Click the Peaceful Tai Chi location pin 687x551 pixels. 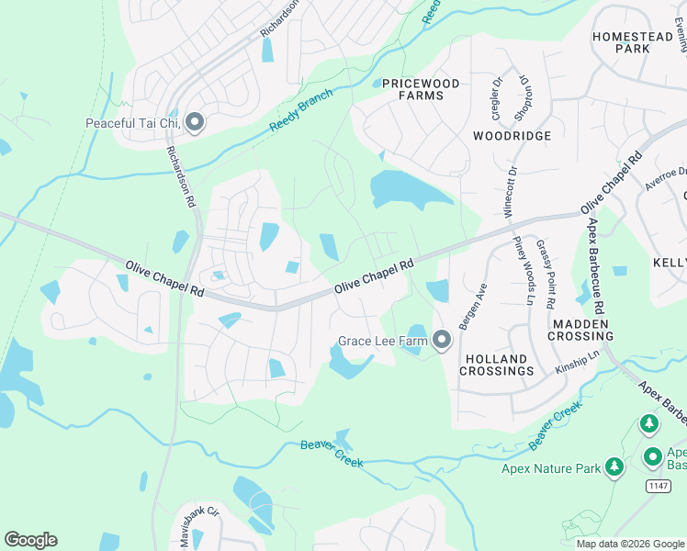pos(195,123)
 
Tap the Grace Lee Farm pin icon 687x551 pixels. pos(442,341)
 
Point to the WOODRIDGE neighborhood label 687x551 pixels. pos(512,136)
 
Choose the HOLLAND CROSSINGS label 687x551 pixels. pos(496,365)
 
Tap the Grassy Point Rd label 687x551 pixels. pos(546,273)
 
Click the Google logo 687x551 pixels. pos(31,540)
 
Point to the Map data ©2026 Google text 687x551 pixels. pos(630,544)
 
